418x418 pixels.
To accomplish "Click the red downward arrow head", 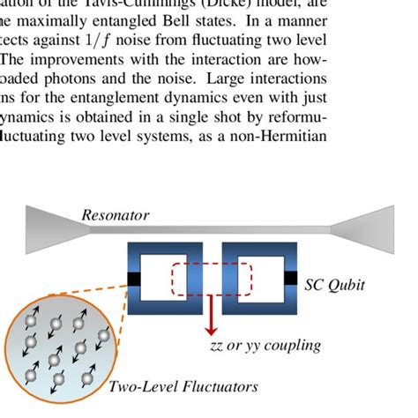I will (x=213, y=331).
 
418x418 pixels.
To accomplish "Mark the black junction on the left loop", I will (x=133, y=280).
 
